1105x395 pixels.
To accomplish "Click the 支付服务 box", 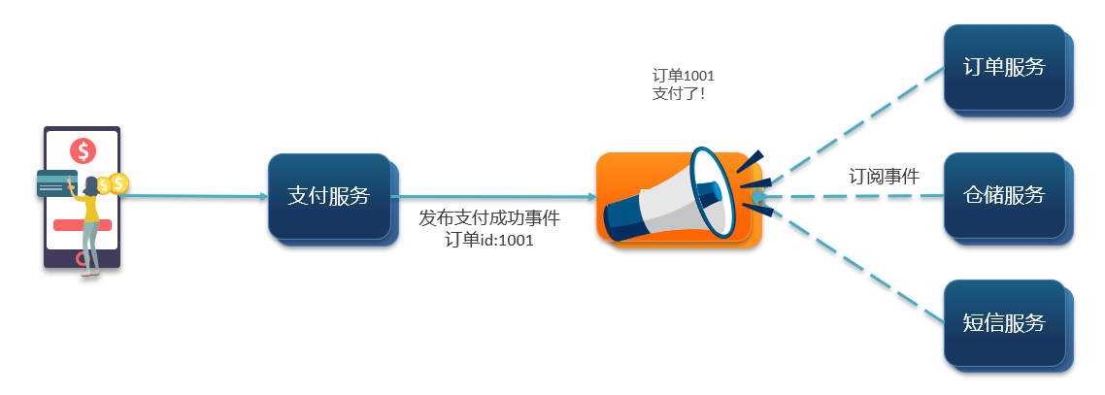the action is [x=329, y=195].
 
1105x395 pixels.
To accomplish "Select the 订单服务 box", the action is [x=1004, y=67].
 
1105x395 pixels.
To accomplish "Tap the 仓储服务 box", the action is [x=1004, y=194].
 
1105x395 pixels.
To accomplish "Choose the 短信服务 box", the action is [x=1004, y=322].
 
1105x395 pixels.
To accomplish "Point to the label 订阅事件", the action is [x=884, y=176].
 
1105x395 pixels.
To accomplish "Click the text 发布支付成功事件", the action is [x=489, y=218].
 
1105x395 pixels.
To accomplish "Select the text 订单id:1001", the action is [x=489, y=240].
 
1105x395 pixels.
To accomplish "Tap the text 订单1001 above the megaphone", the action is [x=684, y=75].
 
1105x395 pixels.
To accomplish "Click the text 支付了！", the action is [x=679, y=93].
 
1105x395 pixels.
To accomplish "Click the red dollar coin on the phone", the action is [x=84, y=150].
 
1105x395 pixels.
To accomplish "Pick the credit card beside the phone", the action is [x=55, y=183].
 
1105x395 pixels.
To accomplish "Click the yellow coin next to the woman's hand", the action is [x=118, y=182].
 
